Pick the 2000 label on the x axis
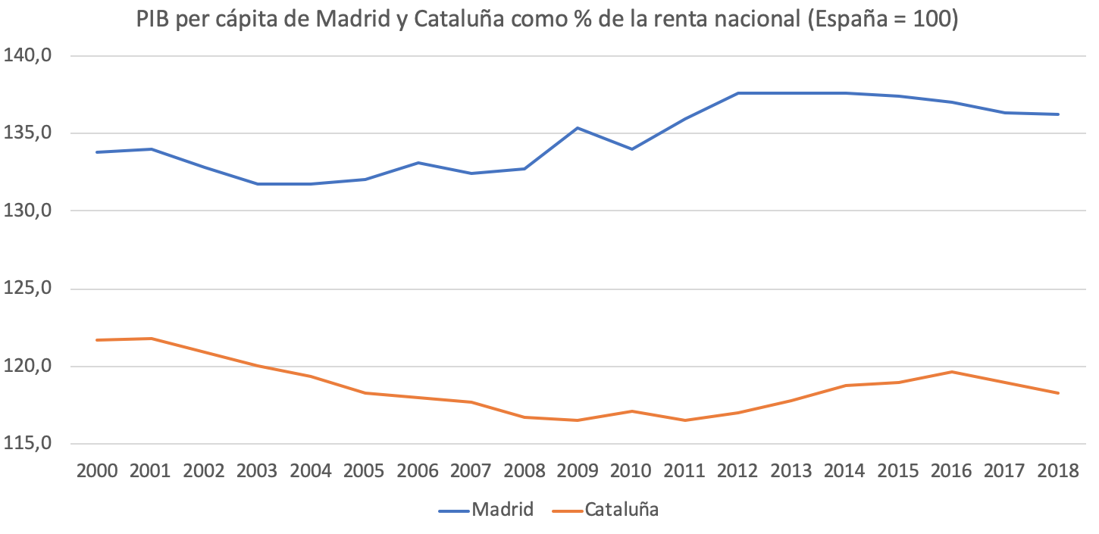pos(98,471)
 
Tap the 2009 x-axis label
pos(578,471)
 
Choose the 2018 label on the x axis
pos(1058,471)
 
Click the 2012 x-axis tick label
pos(737,471)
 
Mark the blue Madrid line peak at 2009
pos(578,128)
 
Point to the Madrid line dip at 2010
pos(631,149)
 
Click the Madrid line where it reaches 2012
pos(737,93)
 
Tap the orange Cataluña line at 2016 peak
pos(951,372)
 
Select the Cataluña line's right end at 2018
pos(1058,393)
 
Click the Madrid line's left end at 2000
pos(98,152)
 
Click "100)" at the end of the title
pos(938,20)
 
